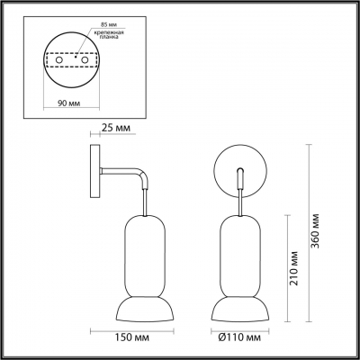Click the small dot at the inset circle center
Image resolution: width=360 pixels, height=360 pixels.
tap(73, 55)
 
